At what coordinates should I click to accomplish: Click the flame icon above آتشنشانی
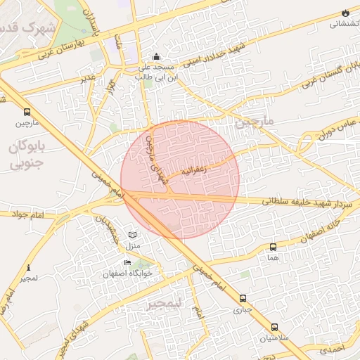click(x=345, y=13)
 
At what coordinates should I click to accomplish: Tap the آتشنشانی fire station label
click(x=343, y=23)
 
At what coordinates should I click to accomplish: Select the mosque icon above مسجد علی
click(x=156, y=57)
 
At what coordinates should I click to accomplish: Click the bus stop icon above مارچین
click(x=27, y=112)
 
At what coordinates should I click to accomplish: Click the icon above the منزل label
click(x=134, y=234)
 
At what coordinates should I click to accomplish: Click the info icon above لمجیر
click(x=28, y=268)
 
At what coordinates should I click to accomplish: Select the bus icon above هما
click(x=273, y=247)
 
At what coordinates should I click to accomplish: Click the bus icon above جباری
click(x=243, y=298)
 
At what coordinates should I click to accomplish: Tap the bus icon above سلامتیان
click(x=274, y=327)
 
